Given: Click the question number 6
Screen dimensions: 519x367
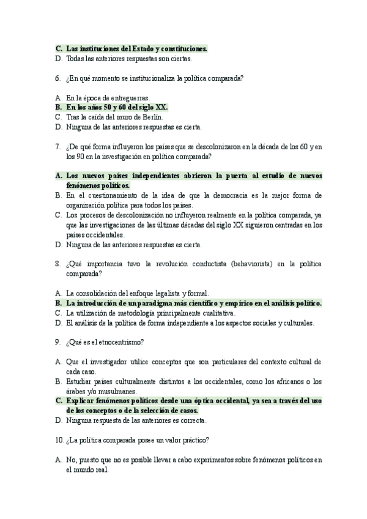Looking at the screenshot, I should [x=57, y=78].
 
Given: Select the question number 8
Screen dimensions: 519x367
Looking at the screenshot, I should [x=57, y=264].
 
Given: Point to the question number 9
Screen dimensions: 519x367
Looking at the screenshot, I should [x=57, y=341].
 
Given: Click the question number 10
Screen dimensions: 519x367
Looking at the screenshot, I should [x=58, y=439].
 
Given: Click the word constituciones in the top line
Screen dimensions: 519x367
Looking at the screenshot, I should [x=181, y=48].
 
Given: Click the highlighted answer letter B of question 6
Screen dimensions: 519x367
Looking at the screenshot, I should [x=57, y=106].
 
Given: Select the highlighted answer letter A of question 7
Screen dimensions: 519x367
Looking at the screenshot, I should [x=57, y=175].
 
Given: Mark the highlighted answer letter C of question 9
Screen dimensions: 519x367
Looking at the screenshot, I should [x=57, y=401].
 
